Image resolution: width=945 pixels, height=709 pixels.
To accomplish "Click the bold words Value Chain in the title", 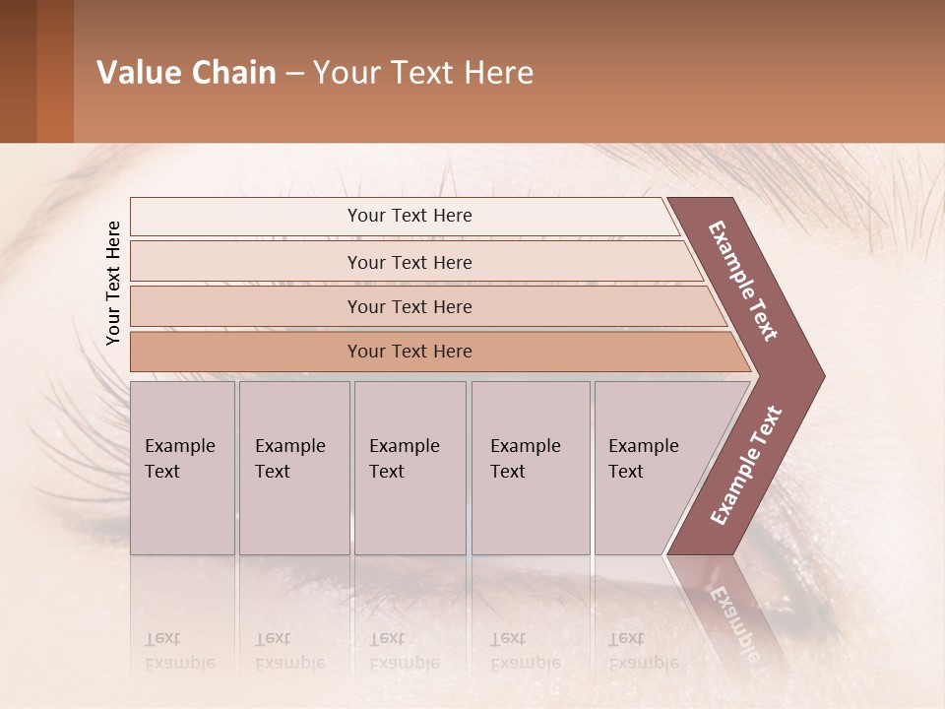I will click(x=186, y=73).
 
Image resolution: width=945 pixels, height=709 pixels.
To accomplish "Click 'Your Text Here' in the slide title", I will click(x=423, y=73).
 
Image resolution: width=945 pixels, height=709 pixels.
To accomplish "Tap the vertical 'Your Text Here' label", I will click(x=113, y=283).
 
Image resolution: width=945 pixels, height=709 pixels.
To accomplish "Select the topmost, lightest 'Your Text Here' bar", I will click(x=409, y=216).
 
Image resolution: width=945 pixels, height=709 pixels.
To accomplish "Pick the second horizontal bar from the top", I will click(x=409, y=262).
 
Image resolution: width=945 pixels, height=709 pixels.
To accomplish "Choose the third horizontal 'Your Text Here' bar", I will click(x=409, y=306).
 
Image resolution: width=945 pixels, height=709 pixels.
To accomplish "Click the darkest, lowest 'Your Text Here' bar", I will click(x=409, y=352).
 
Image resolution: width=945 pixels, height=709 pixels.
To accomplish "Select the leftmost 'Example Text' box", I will click(x=182, y=468).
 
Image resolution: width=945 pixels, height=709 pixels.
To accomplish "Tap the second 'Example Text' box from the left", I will click(x=293, y=468).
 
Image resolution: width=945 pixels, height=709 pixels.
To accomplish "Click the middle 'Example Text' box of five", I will click(x=409, y=468).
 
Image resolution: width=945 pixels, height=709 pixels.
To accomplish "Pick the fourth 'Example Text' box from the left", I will click(x=531, y=468).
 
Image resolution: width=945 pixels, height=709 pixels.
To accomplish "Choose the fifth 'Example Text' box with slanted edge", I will click(x=650, y=468).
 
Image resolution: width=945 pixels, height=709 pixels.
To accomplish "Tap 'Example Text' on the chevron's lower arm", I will click(x=745, y=466).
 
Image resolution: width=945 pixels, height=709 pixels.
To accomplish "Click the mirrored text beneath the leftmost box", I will click(x=179, y=651).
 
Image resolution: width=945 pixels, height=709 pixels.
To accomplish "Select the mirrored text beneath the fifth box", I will click(x=643, y=651).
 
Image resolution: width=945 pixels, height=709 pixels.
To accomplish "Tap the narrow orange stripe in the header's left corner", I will click(x=55, y=71).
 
